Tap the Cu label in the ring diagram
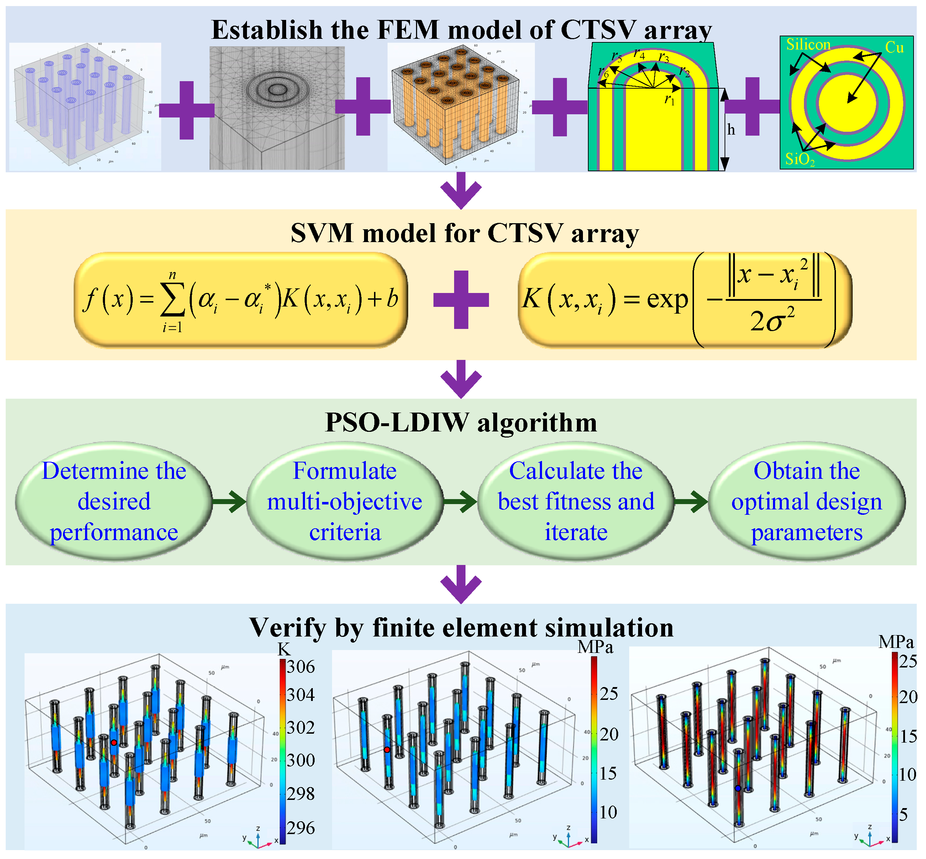pyautogui.click(x=894, y=47)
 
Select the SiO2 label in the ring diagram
pyautogui.click(x=800, y=159)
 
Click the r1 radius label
pyautogui.click(x=669, y=99)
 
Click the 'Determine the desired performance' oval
pyautogui.click(x=114, y=501)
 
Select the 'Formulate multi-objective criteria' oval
pyautogui.click(x=345, y=501)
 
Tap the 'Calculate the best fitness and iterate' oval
pyautogui.click(x=576, y=501)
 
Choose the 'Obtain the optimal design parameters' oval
pyautogui.click(x=806, y=501)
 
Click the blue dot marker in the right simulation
pyautogui.click(x=738, y=789)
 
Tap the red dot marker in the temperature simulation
pyautogui.click(x=114, y=742)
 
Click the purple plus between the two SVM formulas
pyautogui.click(x=461, y=300)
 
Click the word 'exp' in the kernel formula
pyautogui.click(x=667, y=300)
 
